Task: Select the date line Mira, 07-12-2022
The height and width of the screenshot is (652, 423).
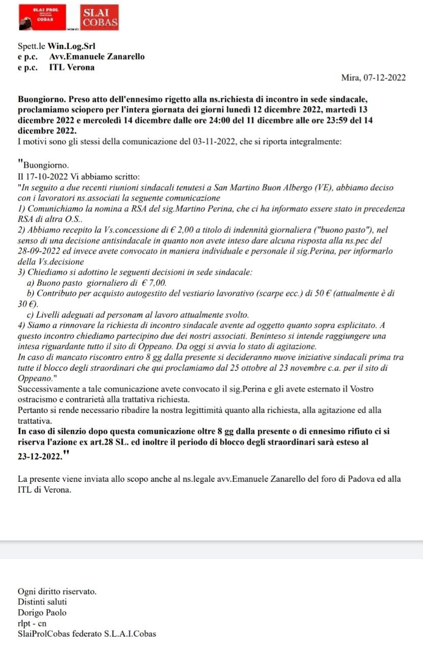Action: click(x=373, y=77)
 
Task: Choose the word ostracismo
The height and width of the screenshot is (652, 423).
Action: click(x=40, y=398)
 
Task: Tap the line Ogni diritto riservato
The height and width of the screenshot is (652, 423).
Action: click(x=57, y=592)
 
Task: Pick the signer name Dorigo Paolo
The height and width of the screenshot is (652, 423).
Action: click(x=42, y=613)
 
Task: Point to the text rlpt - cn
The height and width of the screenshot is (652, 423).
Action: click(x=32, y=623)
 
